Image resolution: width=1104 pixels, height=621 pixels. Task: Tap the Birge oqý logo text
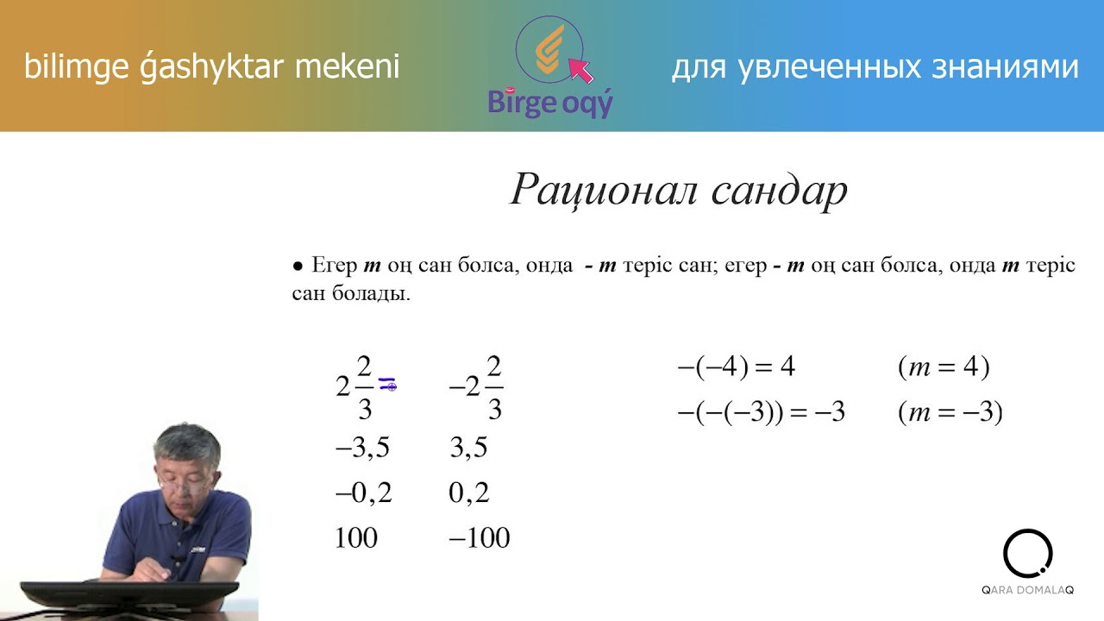click(x=550, y=103)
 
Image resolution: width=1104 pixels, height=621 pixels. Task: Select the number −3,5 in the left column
click(x=363, y=448)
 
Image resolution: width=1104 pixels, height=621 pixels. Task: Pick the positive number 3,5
click(x=468, y=448)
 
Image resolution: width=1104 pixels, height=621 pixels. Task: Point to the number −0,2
click(x=363, y=492)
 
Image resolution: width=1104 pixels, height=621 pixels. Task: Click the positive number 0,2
click(x=469, y=492)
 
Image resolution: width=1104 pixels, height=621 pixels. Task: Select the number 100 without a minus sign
click(x=356, y=538)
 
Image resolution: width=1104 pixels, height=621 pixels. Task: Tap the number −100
click(x=480, y=538)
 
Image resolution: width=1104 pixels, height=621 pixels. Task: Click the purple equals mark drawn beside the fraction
click(x=387, y=385)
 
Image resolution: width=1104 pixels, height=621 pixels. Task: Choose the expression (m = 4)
click(x=943, y=368)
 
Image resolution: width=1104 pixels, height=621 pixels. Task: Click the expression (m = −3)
click(x=950, y=413)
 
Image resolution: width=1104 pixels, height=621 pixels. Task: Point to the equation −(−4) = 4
click(x=736, y=368)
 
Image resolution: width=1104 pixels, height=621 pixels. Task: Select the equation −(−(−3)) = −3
click(x=761, y=413)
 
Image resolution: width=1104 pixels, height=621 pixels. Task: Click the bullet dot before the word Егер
click(x=298, y=267)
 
